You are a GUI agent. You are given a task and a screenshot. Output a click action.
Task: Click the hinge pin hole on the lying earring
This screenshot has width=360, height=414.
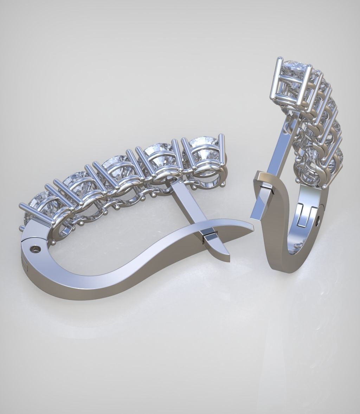point(35,249)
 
